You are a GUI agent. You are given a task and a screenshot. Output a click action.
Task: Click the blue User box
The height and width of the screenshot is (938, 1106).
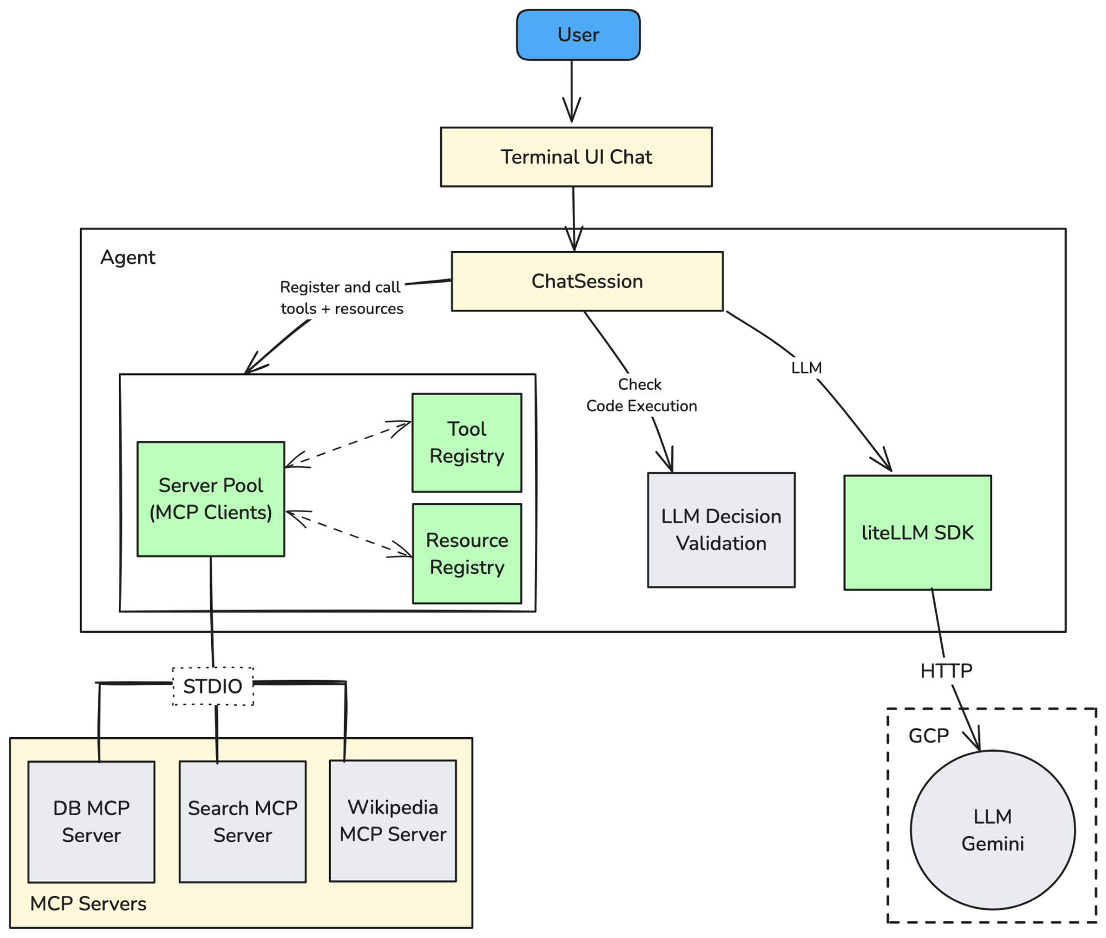point(578,35)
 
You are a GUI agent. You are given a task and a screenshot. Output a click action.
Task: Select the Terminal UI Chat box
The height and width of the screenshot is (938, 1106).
point(576,157)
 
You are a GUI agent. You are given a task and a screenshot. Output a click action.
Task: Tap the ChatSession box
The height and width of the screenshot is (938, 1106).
point(587,282)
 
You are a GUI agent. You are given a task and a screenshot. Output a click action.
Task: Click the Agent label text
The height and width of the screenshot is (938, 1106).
point(128,258)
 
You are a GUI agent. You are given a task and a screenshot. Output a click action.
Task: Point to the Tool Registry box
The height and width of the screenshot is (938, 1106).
point(466,442)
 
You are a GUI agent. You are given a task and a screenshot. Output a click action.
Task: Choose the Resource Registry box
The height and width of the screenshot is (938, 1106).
point(466,553)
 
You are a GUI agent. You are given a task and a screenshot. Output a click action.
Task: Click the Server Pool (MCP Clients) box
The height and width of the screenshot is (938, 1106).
point(211,499)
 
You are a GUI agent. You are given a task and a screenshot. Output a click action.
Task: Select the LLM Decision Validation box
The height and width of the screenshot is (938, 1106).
point(721,530)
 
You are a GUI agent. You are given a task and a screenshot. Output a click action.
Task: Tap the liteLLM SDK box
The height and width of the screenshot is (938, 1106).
point(917,533)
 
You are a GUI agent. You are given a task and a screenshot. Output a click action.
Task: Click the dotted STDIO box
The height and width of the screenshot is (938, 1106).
point(213,686)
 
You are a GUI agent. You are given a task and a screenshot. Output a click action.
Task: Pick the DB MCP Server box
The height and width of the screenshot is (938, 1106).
point(91,822)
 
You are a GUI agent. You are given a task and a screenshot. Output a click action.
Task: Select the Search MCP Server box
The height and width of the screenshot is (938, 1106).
point(242,822)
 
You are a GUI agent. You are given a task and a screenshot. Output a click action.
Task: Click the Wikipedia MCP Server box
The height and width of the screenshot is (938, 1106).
point(393,821)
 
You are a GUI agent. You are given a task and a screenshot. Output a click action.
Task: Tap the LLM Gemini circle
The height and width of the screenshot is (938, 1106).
point(992,830)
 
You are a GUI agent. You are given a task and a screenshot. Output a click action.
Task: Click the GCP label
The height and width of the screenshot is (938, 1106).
point(928,736)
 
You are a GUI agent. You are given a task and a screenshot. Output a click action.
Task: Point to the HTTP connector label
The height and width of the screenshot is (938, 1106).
point(946,671)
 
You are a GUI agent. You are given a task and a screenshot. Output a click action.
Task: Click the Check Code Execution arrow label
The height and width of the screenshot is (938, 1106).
point(641,395)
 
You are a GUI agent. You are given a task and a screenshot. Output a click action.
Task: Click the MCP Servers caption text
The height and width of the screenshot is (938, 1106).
point(88,904)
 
